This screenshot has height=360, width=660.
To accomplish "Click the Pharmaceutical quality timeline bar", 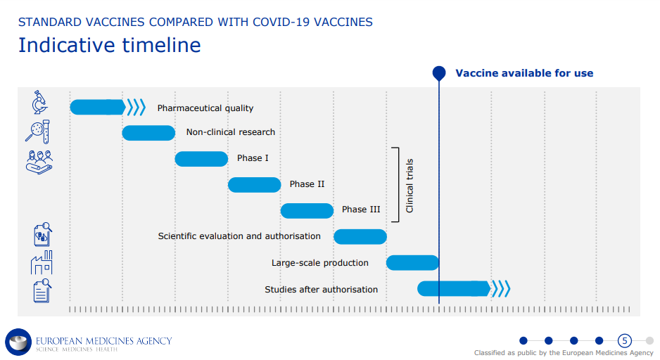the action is coord(98,108).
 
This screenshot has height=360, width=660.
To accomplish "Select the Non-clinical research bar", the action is coord(148,133).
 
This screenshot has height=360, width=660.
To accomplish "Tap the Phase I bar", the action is coord(201,159).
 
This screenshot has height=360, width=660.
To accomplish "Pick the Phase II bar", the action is coord(254,185).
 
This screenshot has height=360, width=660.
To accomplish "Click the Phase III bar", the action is coord(307,211).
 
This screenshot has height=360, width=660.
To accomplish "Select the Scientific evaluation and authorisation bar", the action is coord(360,237).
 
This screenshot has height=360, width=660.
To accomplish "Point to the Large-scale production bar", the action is coord(412,263).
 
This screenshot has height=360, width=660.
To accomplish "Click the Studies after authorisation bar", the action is coord(454,288).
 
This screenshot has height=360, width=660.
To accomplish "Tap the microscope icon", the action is coord(39,102).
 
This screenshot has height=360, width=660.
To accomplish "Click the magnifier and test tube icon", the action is coord(37,131).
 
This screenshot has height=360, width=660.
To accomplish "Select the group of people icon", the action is coord(39,162).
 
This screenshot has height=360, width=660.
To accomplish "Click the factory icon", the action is coord(42,262).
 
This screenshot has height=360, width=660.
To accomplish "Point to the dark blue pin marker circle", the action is coord(439,73).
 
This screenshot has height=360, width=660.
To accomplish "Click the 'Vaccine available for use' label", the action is coord(524,73).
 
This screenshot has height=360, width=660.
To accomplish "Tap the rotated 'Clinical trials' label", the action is coord(410,186).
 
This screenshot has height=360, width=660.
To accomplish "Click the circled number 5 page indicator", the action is coord(625,340).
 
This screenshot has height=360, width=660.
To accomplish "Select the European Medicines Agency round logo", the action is coord(18,342).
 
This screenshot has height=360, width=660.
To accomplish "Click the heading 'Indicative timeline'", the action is coord(110,45).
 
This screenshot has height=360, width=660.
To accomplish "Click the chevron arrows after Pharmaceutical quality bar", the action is coord(137,108).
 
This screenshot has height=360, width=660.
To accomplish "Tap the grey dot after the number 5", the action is coord(650,340).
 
